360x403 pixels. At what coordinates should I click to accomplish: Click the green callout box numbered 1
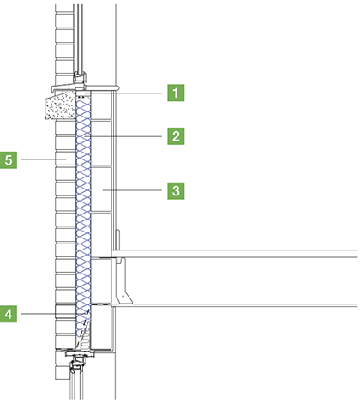[x=176, y=93]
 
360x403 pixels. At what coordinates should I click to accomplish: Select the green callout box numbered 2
[x=176, y=136]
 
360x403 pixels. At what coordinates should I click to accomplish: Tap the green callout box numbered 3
[x=176, y=190]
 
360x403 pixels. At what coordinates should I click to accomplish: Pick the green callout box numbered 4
[x=9, y=314]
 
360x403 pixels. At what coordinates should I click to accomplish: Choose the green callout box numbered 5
[x=9, y=159]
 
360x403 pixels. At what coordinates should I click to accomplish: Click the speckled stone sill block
[x=61, y=105]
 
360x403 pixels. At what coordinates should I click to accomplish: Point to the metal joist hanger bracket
[x=123, y=280]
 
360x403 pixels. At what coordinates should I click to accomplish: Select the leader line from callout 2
[x=123, y=136]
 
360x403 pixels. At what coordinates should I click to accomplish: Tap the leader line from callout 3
[x=132, y=190]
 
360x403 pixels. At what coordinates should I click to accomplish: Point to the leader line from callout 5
[x=44, y=159]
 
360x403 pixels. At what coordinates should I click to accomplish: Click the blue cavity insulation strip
[x=83, y=217]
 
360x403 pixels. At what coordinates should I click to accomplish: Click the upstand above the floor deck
[x=117, y=239]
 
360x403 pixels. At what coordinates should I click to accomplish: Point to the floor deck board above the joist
[x=235, y=254]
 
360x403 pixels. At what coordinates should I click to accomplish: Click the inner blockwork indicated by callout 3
[x=101, y=189]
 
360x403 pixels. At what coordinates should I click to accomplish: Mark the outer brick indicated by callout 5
[x=65, y=159]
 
